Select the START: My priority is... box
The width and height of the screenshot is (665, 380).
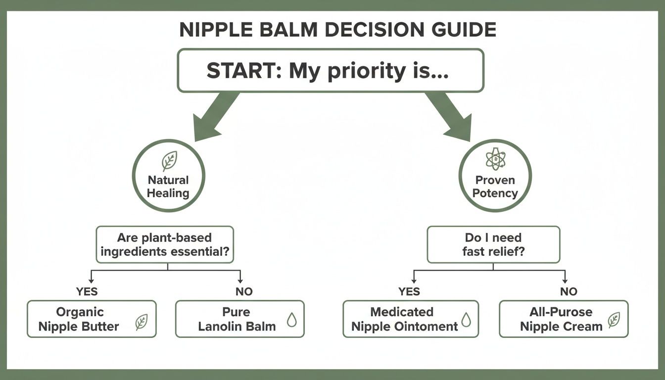(330, 71)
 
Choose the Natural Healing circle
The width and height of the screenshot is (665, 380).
(168, 176)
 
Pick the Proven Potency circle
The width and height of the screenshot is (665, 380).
(495, 176)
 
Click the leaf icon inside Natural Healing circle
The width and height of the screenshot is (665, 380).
(169, 161)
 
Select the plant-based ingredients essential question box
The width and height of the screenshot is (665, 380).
(165, 244)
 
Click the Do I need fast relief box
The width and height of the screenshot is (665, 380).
(493, 244)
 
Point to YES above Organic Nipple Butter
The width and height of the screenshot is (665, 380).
(87, 291)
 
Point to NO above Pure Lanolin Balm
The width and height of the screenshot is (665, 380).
(244, 291)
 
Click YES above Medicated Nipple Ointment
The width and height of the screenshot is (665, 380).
(409, 291)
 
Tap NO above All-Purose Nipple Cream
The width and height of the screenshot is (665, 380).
(569, 291)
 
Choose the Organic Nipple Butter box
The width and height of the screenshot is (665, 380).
(92, 319)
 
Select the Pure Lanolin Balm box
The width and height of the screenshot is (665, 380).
(239, 319)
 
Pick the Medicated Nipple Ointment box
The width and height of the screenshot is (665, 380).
(410, 319)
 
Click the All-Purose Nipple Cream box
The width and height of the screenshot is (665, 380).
(563, 319)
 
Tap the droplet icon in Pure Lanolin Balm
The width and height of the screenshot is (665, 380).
(292, 321)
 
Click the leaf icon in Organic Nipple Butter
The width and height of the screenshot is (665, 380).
(141, 323)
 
